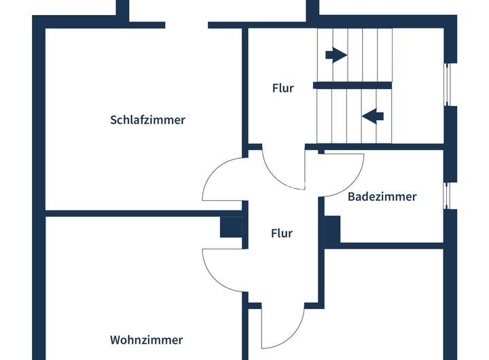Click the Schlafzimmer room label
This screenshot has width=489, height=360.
point(147,120)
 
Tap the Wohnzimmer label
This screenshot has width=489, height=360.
point(146,340)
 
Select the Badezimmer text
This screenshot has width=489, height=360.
point(382,197)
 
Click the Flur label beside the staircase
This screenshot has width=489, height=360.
point(283,88)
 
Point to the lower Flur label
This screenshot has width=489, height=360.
point(281,233)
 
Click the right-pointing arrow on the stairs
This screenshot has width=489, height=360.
point(336,55)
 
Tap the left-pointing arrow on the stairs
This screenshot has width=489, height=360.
point(373,116)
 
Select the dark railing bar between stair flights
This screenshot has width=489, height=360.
point(352,86)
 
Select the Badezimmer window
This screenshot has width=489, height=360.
point(447,194)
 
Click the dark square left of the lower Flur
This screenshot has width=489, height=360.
point(231,226)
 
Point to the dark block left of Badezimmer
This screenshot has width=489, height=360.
point(332,231)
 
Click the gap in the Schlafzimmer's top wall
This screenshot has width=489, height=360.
point(186,25)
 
